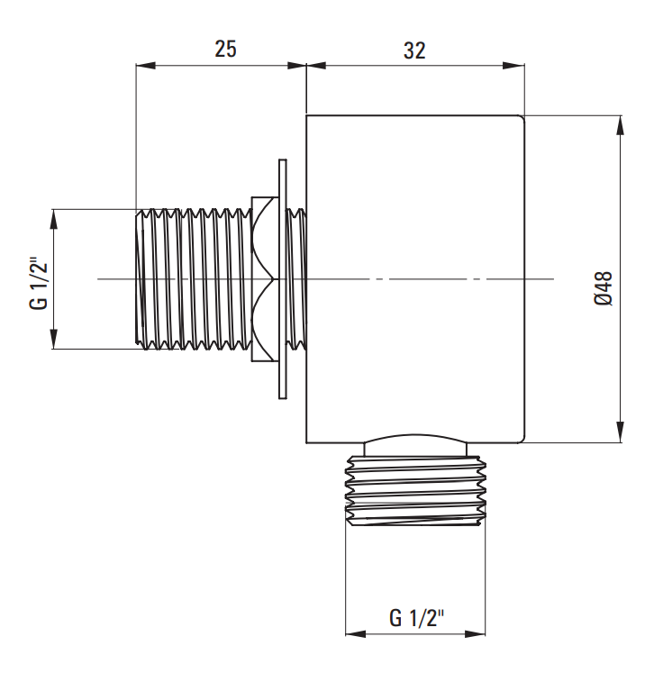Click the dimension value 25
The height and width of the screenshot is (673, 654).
pos(225,49)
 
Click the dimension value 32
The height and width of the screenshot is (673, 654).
pos(414,50)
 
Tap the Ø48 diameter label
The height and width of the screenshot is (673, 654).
pos(604,288)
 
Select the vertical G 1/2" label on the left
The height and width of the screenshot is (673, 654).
pos(39,283)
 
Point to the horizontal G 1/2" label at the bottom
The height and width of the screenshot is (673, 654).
pos(416,618)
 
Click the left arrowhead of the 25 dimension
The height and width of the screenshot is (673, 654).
pos(145,65)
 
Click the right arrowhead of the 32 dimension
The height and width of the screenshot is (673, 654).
pos(515,65)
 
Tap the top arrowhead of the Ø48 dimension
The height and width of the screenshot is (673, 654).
pos(620,125)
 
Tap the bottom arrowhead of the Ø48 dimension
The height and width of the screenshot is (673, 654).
pos(620,432)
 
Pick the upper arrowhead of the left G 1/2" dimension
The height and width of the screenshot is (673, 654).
pos(54,219)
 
